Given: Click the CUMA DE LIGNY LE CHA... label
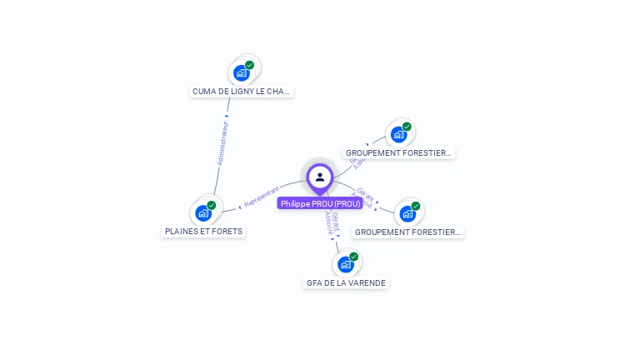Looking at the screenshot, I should point(242,92).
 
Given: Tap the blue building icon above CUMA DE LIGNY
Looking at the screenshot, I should point(242,72).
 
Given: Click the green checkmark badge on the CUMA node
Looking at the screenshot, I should point(249,64).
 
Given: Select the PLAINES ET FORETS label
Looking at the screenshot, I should point(204,232).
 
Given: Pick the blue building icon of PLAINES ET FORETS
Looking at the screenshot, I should point(203,213).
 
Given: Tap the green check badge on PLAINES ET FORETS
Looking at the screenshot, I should point(212,205).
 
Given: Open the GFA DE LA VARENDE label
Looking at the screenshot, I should point(346,283).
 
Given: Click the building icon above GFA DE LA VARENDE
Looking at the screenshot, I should point(345,265).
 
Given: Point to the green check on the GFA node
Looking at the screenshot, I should point(353,257).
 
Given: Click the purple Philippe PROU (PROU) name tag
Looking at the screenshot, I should point(320,203).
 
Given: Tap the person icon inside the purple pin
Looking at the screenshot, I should point(320,177).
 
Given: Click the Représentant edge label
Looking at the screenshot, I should point(262,197).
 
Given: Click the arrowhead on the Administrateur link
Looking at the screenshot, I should point(227,116).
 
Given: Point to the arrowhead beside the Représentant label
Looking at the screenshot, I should point(240,205).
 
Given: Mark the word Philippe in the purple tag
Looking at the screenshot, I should point(295,203).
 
